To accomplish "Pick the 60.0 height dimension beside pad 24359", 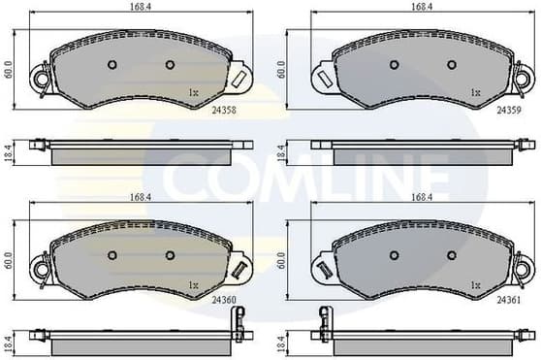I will coord(282,71).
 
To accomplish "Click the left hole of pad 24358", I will coord(111,66).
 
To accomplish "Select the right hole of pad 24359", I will coord(452,66).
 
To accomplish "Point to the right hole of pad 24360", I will coord(170,256).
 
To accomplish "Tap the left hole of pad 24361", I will coord(393,256).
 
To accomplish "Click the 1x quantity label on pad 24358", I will coord(193,93).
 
